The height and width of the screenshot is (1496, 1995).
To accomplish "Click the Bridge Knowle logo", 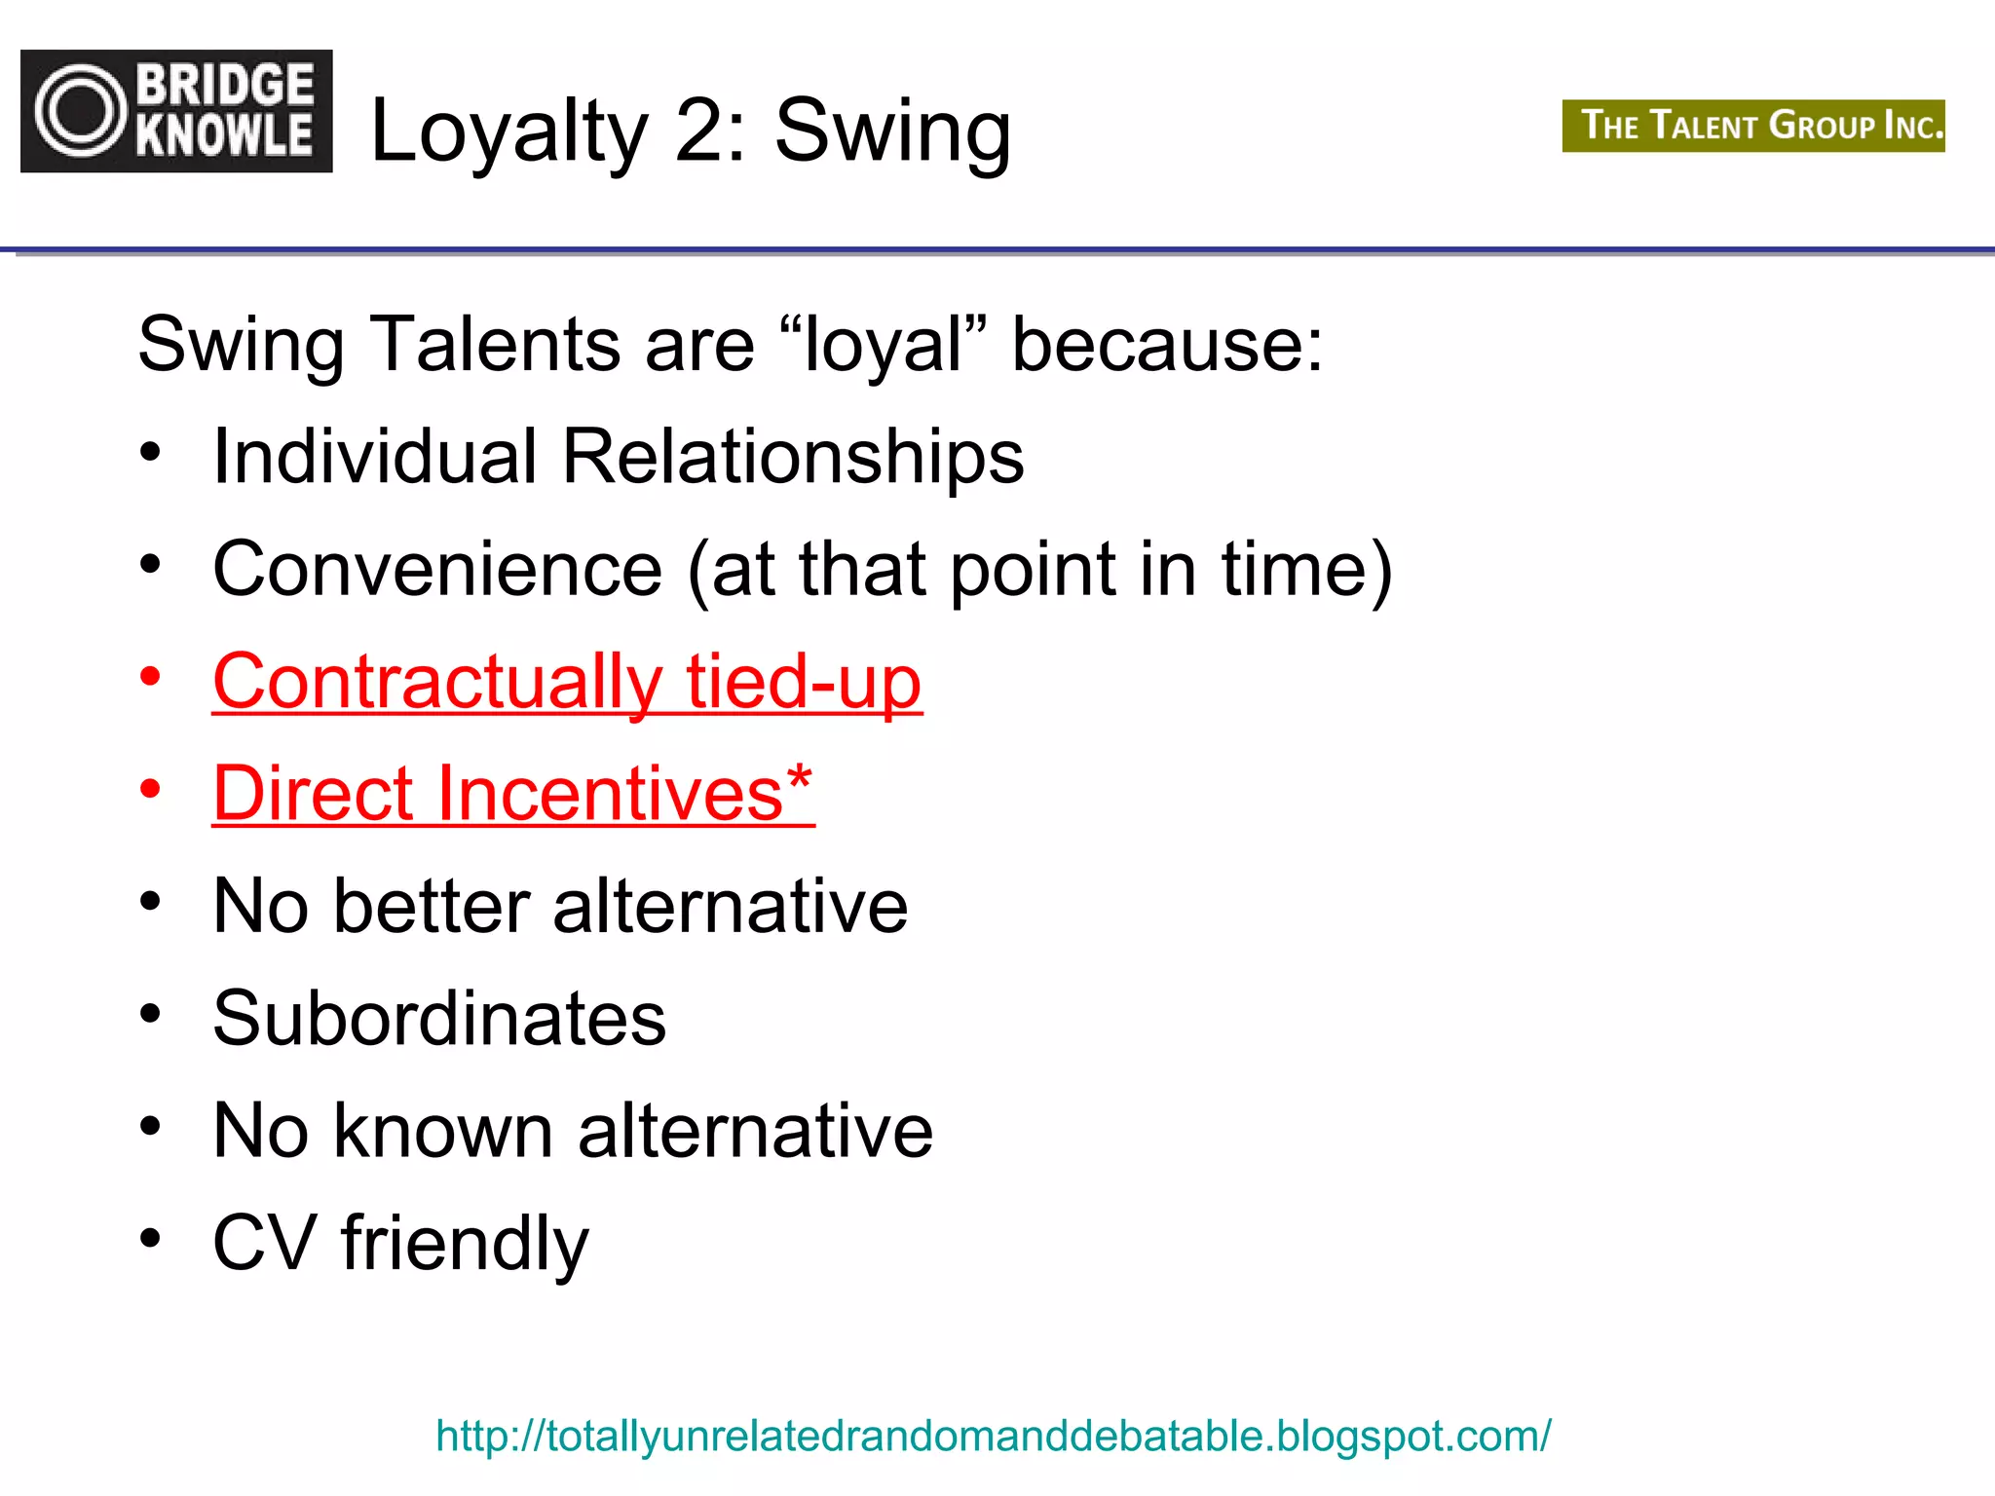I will click(176, 111).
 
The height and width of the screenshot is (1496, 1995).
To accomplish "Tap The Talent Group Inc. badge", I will click(1753, 126).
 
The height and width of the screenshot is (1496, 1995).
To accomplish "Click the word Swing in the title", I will click(892, 131).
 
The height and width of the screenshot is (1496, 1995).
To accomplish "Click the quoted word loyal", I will click(883, 346).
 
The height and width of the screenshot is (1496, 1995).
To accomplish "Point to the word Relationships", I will click(793, 456).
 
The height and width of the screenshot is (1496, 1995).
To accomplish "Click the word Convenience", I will click(437, 569).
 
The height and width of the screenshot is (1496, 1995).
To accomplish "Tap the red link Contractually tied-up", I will click(567, 681).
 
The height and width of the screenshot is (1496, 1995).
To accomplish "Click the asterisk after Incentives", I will click(800, 779).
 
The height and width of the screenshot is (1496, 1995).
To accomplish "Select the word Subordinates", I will click(439, 1019).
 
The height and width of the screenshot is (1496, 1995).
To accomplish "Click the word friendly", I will click(465, 1244).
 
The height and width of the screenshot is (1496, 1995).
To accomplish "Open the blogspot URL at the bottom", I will click(993, 1436).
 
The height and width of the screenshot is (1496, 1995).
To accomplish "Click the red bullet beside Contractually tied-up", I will click(150, 676).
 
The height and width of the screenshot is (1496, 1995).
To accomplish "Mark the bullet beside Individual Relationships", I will click(150, 452).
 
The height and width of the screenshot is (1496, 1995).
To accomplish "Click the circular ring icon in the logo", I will click(81, 111).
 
